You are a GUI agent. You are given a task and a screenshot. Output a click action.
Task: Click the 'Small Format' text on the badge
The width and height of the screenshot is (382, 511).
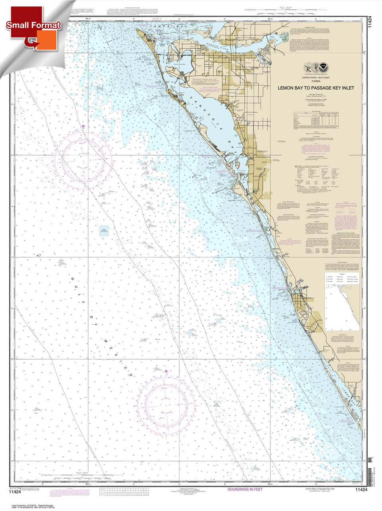pos(33,25)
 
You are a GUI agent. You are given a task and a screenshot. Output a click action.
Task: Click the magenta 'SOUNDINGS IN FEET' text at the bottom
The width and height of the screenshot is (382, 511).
pos(250,489)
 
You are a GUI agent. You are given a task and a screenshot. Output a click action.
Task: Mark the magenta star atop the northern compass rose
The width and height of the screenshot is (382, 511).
pos(83,127)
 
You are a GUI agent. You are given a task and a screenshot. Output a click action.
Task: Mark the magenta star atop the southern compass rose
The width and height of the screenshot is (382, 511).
pos(166,372)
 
